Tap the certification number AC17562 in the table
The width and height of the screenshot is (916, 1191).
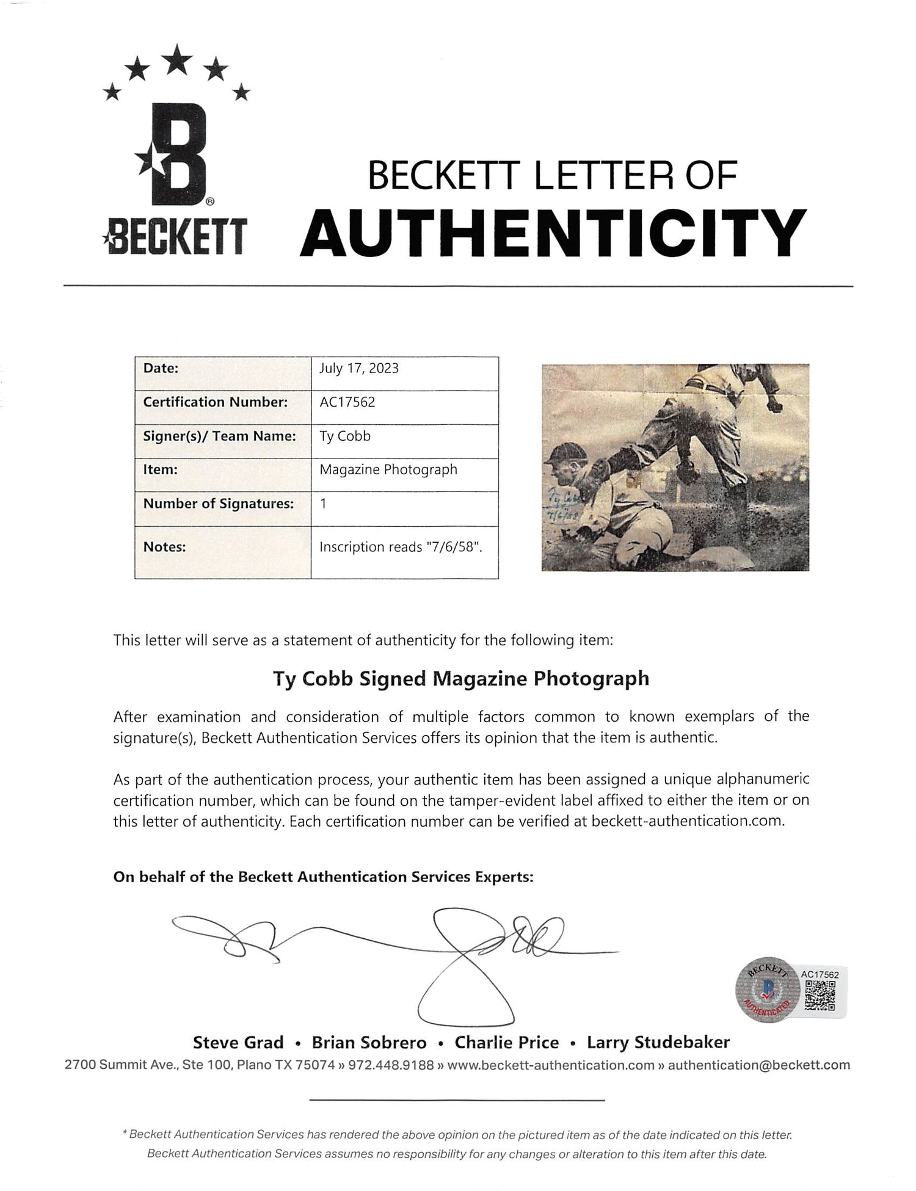pos(347,402)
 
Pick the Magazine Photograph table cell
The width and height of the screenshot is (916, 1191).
pos(388,469)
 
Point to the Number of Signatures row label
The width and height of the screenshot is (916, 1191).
pos(218,504)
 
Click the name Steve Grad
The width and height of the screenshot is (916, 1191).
pos(238,1042)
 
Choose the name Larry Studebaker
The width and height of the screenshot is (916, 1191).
pos(658,1042)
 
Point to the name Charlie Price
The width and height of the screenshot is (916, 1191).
pos(506,1042)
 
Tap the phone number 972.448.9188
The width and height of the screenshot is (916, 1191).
pos(397,1065)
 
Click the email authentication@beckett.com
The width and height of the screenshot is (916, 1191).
pos(758,1065)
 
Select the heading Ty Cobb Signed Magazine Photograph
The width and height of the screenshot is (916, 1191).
pos(460,678)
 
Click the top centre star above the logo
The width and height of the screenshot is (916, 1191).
pos(178,59)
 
